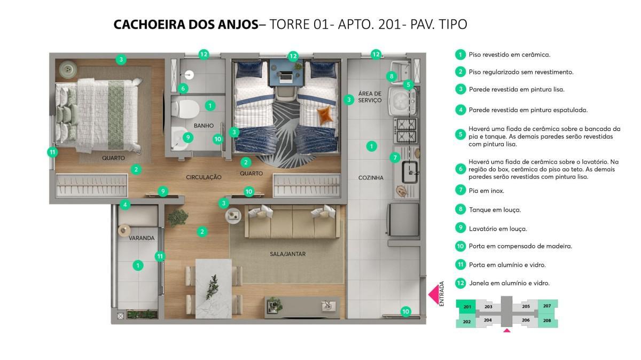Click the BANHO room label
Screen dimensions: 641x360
tap(204, 126)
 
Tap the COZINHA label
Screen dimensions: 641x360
tap(371, 178)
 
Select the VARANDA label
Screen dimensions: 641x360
tap(142, 238)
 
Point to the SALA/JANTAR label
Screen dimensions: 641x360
tap(287, 254)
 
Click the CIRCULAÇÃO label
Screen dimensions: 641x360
tap(204, 177)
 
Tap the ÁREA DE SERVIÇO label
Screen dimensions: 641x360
tap(370, 97)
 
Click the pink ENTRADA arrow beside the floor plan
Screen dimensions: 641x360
tap(434, 294)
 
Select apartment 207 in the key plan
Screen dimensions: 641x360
tap(548, 306)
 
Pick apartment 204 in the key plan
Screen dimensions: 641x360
tap(488, 320)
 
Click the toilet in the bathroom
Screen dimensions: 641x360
tap(185, 109)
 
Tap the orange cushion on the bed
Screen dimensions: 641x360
tap(325, 114)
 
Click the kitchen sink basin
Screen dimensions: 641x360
tap(410, 172)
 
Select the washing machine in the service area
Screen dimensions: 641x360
tap(402, 101)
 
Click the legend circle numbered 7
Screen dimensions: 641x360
tap(460, 190)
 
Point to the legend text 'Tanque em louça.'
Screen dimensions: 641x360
tap(495, 210)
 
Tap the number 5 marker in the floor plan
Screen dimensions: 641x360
tap(408, 85)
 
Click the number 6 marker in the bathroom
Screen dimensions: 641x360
tap(183, 89)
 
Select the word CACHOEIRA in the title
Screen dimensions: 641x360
tap(150, 25)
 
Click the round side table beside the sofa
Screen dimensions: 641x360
tap(233, 215)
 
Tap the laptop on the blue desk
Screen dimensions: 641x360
tap(285, 77)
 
